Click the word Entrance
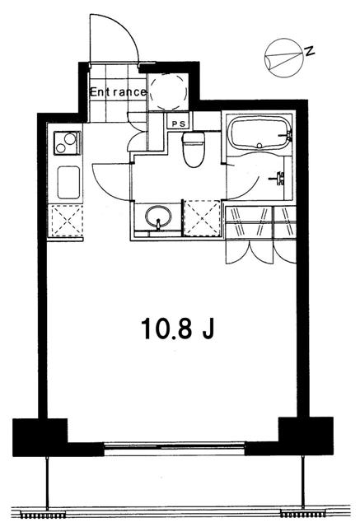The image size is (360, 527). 118,92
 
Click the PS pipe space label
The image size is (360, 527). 179,123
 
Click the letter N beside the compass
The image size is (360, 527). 309,51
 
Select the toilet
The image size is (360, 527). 193,151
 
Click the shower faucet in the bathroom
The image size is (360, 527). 281,176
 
